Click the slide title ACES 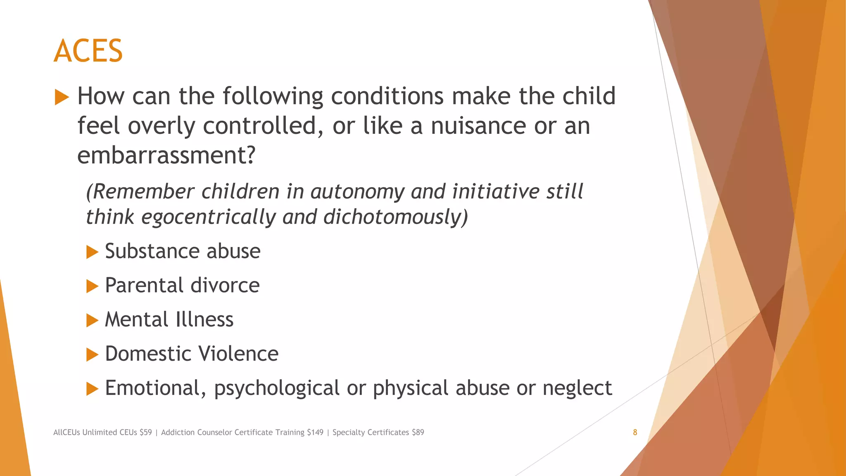click(x=88, y=51)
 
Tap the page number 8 click(x=635, y=432)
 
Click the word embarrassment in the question click(x=166, y=155)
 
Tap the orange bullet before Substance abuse click(x=92, y=252)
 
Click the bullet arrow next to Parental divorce click(x=92, y=286)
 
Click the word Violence click(x=238, y=354)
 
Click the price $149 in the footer click(x=315, y=432)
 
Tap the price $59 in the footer click(x=145, y=432)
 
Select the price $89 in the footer click(x=418, y=432)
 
